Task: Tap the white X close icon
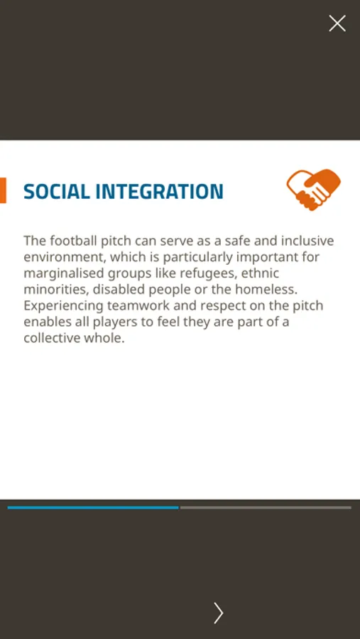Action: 337,23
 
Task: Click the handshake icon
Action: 314,190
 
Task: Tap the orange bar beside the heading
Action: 3,190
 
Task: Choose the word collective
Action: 51,338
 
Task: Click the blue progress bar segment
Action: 93,508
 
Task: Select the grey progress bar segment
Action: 266,508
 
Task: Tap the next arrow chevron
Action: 219,613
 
